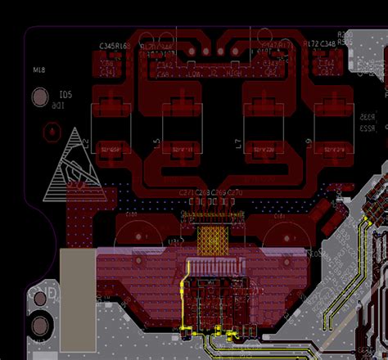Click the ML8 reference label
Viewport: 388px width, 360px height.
(38, 72)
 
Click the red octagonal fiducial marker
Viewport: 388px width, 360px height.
(51, 130)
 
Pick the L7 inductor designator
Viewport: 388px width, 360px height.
(238, 145)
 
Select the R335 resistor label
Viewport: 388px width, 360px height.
(368, 118)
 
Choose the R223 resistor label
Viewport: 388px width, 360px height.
(368, 128)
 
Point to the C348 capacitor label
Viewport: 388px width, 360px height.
(327, 43)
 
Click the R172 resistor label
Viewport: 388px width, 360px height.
(311, 43)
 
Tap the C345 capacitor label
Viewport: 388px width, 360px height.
(108, 47)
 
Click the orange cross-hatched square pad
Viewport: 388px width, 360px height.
(214, 236)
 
